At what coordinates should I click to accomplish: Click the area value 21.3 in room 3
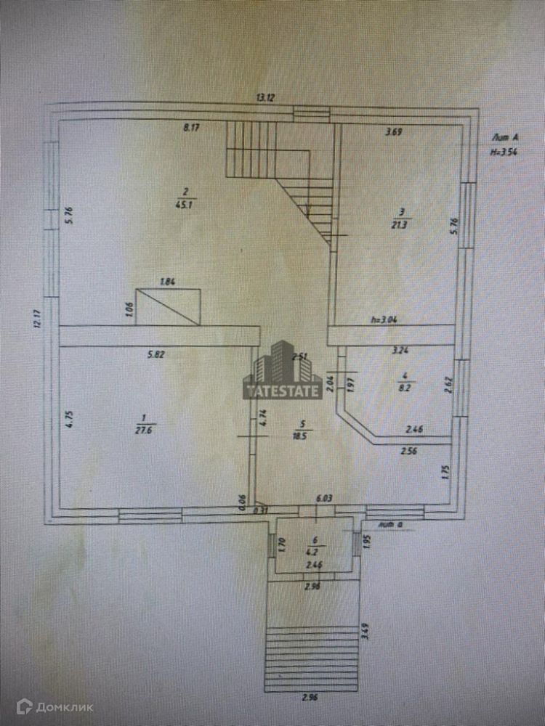click(x=400, y=224)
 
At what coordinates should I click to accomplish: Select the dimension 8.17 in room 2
click(x=191, y=128)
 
